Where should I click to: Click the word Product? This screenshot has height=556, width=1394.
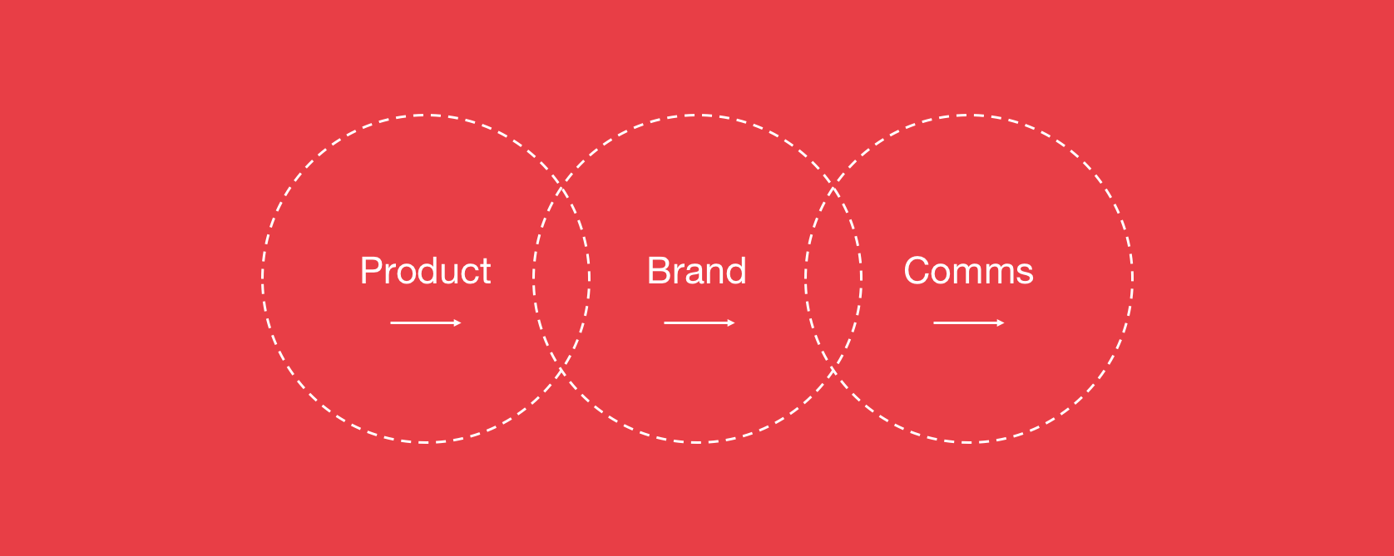(x=426, y=271)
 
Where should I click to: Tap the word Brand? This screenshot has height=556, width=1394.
(x=697, y=271)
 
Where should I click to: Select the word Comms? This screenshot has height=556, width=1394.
(x=968, y=271)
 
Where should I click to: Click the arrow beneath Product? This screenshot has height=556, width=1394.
(x=426, y=322)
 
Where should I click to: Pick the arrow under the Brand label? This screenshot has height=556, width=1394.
(x=699, y=322)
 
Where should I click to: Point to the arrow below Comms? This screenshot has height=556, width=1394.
(x=969, y=322)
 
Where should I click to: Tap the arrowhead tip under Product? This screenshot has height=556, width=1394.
(x=461, y=322)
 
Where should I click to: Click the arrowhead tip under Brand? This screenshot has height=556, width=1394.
(x=735, y=322)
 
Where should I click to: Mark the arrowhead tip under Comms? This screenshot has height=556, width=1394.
(x=1005, y=322)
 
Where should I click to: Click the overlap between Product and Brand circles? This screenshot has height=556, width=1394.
(x=561, y=278)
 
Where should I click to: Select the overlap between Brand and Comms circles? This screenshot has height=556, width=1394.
(x=833, y=278)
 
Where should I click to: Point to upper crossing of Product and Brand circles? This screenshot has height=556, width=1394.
(x=561, y=186)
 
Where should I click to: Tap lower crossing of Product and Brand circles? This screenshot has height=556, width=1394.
(x=561, y=371)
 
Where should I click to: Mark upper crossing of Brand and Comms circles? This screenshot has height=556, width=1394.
(x=833, y=186)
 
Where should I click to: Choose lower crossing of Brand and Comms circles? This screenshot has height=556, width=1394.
(x=833, y=371)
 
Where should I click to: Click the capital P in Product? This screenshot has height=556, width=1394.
(x=372, y=271)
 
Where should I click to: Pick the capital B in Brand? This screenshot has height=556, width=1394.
(x=659, y=271)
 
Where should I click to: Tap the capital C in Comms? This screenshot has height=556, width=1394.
(x=917, y=271)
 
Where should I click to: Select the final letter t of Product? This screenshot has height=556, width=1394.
(x=486, y=273)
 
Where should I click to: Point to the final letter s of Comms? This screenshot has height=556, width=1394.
(x=1025, y=275)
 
